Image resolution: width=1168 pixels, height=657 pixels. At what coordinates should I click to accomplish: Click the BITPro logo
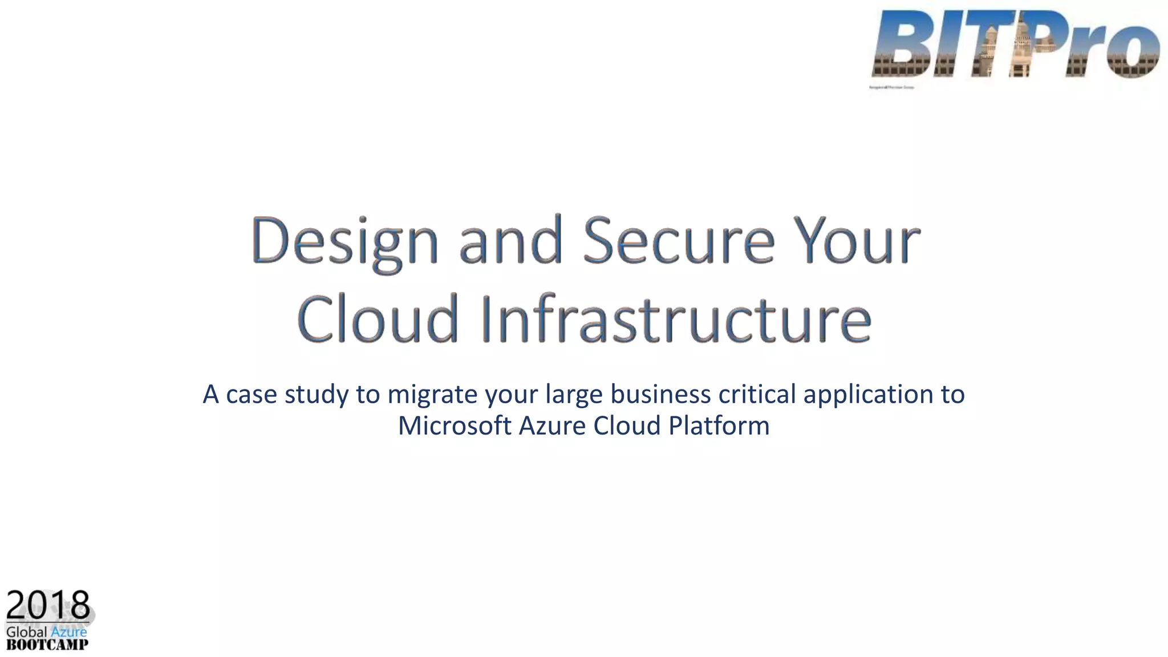[x=1015, y=44]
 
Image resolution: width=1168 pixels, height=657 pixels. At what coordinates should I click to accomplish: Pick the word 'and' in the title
[x=511, y=242]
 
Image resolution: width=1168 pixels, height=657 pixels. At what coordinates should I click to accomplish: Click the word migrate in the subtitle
[x=432, y=395]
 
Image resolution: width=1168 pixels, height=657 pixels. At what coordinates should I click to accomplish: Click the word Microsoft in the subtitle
[x=454, y=425]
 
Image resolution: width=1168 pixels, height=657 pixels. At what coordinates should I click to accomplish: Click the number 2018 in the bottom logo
[x=48, y=606]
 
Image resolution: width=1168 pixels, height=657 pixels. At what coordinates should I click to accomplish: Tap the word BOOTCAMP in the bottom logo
[x=47, y=645]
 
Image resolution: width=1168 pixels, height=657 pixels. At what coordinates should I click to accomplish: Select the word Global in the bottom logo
[x=26, y=632]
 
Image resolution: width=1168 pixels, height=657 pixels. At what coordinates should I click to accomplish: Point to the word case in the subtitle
[x=252, y=395]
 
